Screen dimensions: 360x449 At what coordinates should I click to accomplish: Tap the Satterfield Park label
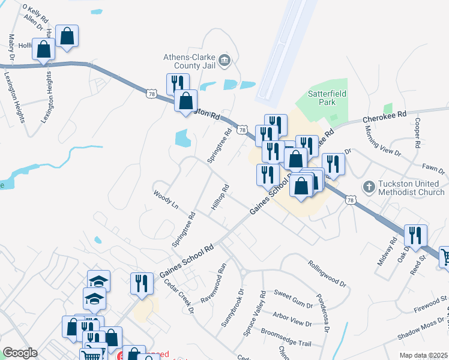[327, 98]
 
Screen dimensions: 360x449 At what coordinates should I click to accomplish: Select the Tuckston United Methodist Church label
[411, 188]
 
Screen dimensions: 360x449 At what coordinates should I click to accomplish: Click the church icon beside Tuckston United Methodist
[369, 187]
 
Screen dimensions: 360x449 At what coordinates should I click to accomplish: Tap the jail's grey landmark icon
[224, 59]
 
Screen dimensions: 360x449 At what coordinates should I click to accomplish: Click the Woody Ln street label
[166, 200]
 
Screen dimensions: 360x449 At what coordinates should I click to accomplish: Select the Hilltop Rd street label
[220, 197]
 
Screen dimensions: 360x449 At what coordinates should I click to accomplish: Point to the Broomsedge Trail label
[286, 337]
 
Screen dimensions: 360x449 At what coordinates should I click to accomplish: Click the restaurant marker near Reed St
[415, 235]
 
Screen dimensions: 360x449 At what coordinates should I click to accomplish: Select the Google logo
[20, 353]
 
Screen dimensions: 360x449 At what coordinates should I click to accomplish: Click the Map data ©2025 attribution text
[423, 355]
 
